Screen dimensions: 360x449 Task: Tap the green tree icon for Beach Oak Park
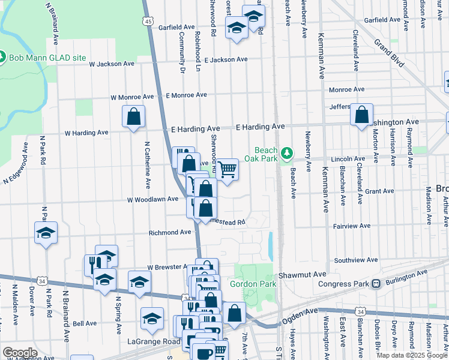pos(288,154)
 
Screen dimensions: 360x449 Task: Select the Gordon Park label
pos(252,284)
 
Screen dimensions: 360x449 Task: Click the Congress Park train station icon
pos(376,284)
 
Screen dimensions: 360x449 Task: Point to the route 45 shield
pos(148,21)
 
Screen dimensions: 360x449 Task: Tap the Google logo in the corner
pos(20,353)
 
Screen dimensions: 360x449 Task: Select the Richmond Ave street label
pos(169,232)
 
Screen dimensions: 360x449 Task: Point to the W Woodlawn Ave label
pos(152,199)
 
